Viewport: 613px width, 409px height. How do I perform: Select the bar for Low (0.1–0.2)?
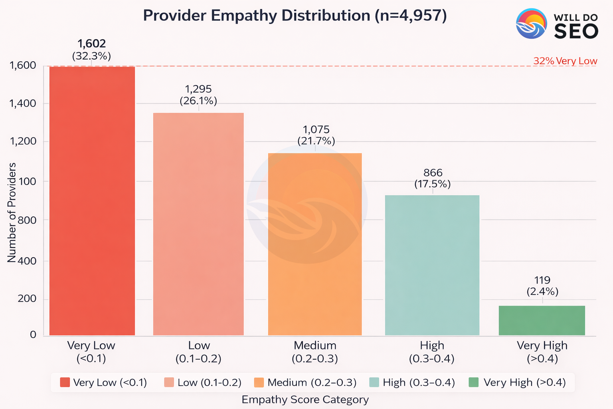pyautogui.click(x=198, y=224)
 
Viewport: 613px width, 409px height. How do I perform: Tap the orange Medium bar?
pyautogui.click(x=315, y=244)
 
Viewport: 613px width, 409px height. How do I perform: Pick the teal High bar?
pyautogui.click(x=432, y=265)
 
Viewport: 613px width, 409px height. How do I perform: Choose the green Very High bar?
pyautogui.click(x=542, y=320)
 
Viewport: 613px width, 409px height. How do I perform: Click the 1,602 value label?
pyautogui.click(x=91, y=44)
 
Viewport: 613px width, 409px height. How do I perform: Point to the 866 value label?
pyautogui.click(x=433, y=173)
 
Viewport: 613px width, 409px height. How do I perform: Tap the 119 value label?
pyautogui.click(x=542, y=280)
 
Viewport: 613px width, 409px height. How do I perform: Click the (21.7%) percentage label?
pyautogui.click(x=316, y=141)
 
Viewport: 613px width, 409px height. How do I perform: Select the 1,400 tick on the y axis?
pyautogui.click(x=22, y=103)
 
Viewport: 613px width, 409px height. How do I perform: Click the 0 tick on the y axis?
pyautogui.click(x=33, y=335)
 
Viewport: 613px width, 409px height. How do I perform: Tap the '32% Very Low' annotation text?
pyautogui.click(x=565, y=61)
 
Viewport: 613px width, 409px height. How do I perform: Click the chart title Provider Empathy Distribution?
pyautogui.click(x=295, y=16)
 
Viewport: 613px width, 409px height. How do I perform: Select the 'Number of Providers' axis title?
pyautogui.click(x=12, y=212)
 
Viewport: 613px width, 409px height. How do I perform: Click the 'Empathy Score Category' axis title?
pyautogui.click(x=305, y=399)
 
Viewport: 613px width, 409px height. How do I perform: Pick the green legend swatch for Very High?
pyautogui.click(x=474, y=382)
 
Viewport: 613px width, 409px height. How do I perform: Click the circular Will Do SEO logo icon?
pyautogui.click(x=531, y=24)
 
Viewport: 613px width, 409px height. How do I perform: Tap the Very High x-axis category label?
pyautogui.click(x=542, y=351)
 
